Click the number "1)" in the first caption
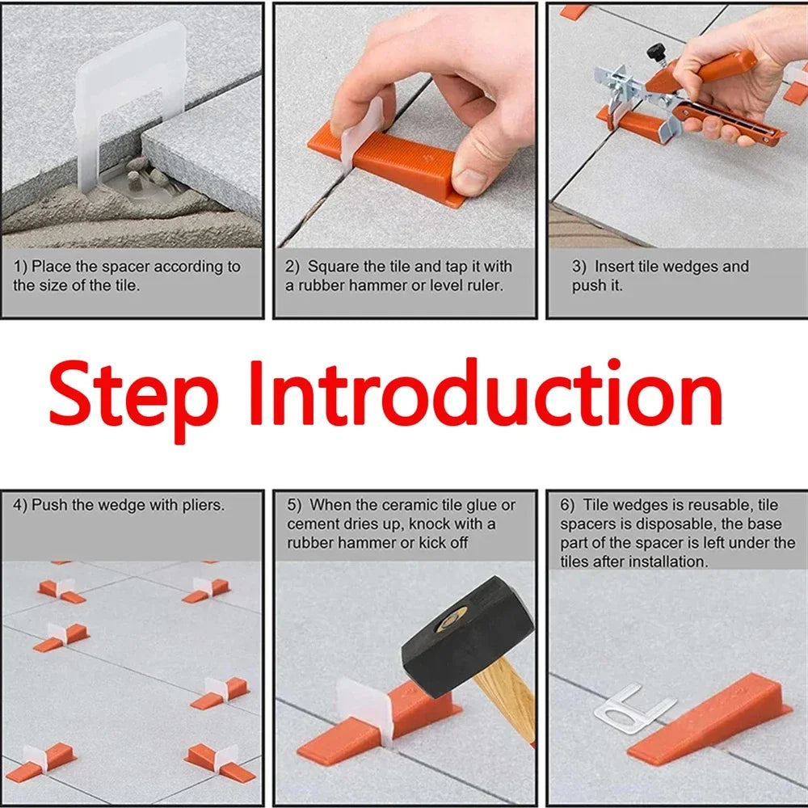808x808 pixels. point(20,267)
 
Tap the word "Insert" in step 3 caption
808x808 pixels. point(614,267)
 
